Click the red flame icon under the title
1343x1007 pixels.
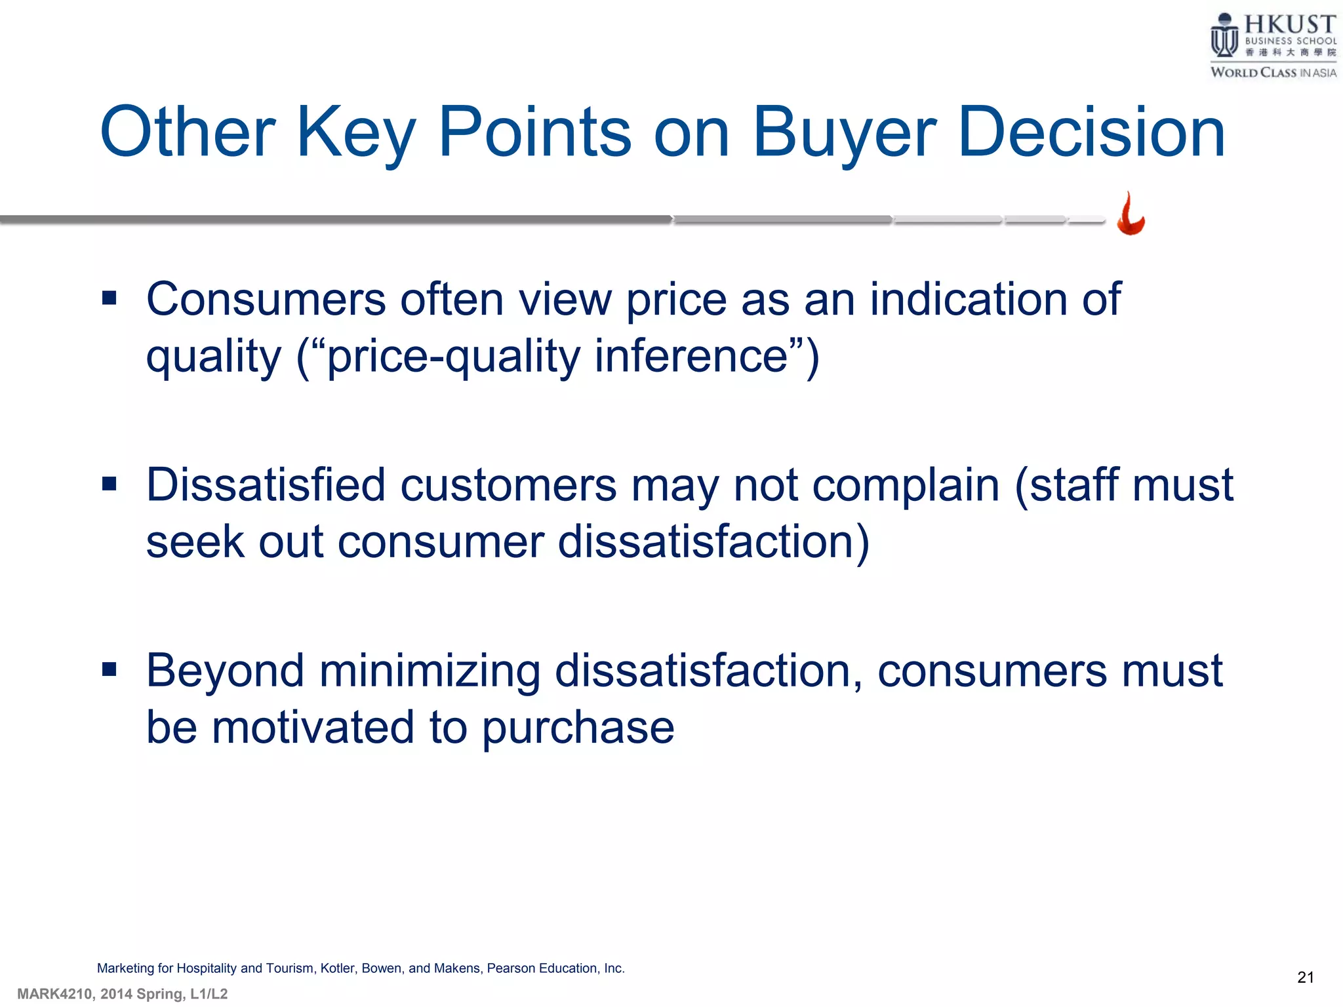tap(1131, 214)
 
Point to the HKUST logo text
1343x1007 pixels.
tap(1289, 25)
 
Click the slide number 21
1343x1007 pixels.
tap(1305, 977)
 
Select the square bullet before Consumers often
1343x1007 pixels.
tap(110, 299)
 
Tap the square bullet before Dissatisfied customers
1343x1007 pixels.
tap(110, 484)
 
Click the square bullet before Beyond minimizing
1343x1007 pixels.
tap(110, 669)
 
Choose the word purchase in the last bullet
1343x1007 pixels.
tap(578, 728)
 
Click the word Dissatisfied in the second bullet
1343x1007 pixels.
tap(266, 486)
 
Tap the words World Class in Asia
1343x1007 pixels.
tap(1273, 72)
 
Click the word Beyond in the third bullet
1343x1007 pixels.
tap(225, 671)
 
